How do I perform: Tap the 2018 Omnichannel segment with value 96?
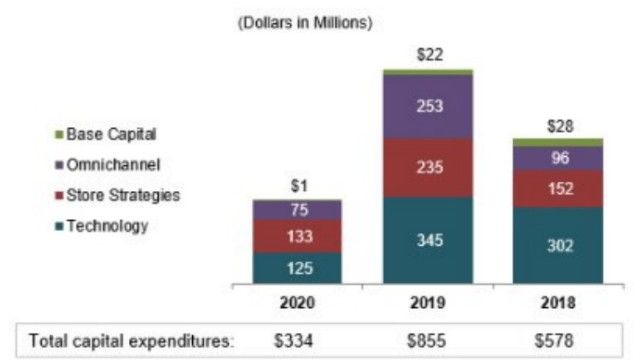click(x=557, y=159)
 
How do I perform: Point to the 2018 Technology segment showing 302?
click(x=557, y=246)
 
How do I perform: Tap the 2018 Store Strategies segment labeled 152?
click(x=557, y=189)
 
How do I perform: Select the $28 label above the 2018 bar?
click(x=557, y=124)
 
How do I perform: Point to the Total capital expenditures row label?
click(x=131, y=340)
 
